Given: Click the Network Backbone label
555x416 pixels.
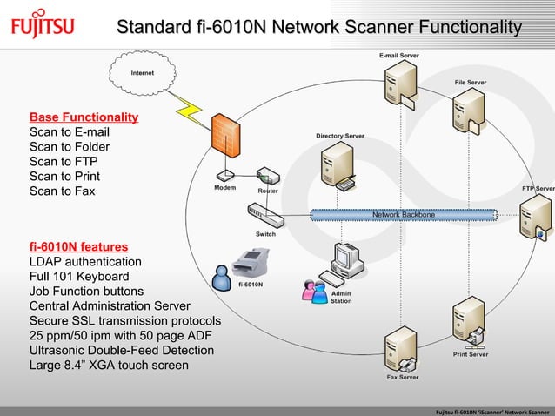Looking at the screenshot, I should (x=404, y=214).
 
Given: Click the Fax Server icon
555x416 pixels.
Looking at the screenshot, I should (x=402, y=348).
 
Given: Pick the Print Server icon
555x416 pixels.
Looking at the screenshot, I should (x=470, y=322).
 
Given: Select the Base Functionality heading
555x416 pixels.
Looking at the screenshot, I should (x=84, y=117).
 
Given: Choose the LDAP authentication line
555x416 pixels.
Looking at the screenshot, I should (x=85, y=261).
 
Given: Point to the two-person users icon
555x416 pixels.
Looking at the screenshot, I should (x=314, y=291).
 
